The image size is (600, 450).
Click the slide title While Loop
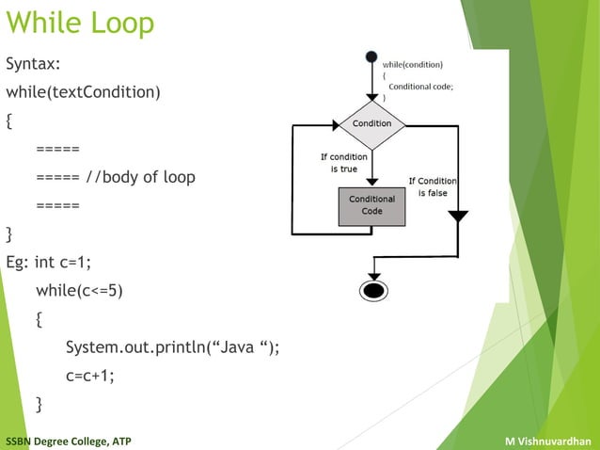point(80,24)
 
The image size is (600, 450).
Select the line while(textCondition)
point(83,92)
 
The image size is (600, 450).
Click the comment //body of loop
point(141,177)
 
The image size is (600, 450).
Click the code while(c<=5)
point(79,290)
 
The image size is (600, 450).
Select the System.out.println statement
point(172,347)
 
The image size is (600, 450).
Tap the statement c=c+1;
point(89,376)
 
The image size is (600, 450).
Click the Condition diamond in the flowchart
point(372,124)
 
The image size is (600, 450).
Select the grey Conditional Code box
point(372,206)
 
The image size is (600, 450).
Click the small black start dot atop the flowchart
point(372,56)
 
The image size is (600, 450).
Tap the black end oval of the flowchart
point(373,289)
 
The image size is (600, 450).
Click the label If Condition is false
point(432,186)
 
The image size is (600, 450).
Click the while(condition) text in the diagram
point(413,64)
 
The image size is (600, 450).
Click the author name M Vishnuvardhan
point(547,441)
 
